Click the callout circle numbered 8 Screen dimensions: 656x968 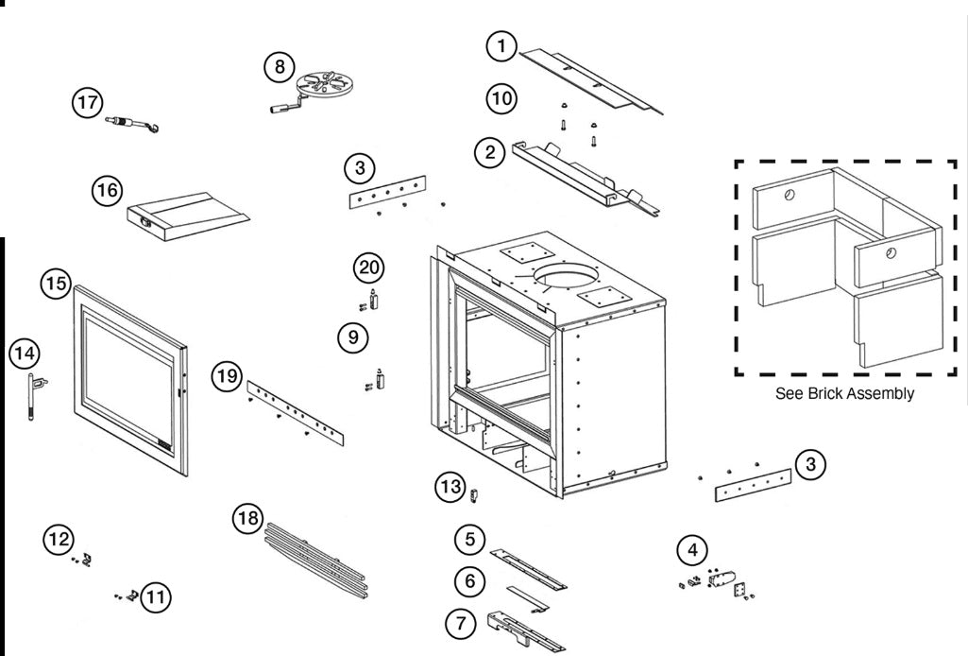(x=278, y=66)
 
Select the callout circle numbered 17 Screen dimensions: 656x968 (x=88, y=103)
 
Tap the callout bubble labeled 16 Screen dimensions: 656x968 (x=107, y=190)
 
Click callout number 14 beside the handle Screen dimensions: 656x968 (x=25, y=354)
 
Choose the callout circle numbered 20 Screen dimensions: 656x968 (x=368, y=268)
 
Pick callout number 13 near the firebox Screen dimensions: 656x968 (x=450, y=487)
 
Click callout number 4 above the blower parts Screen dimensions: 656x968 (x=693, y=548)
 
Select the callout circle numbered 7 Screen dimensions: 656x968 (x=462, y=622)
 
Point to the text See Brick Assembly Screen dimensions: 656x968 (x=844, y=394)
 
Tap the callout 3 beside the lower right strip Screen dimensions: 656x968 (x=809, y=463)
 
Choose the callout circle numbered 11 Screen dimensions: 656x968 (x=158, y=596)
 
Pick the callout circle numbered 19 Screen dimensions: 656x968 (x=225, y=376)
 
